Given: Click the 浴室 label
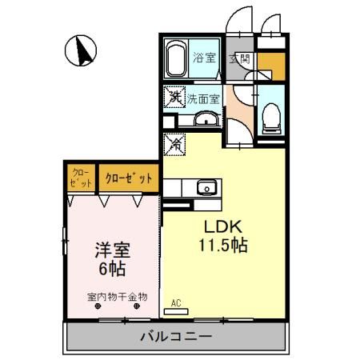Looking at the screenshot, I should point(205,58).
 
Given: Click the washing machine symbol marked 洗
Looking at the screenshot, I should point(174,97).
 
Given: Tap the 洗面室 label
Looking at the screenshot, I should point(204,99).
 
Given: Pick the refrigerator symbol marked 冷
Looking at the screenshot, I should point(175,145).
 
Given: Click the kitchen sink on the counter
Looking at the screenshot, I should point(206,188).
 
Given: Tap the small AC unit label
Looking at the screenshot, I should point(177,303).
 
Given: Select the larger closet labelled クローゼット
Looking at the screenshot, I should point(128,178).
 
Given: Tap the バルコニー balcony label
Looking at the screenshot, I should point(178,337).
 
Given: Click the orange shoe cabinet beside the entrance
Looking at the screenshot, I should point(270,65).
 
